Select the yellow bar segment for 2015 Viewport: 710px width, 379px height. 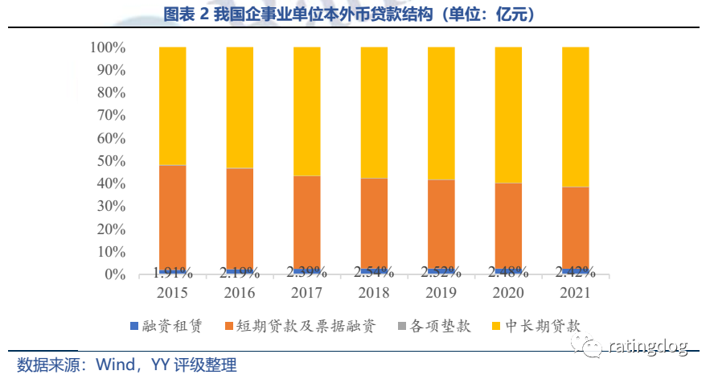coord(173,105)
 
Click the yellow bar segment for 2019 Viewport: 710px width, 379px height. coord(441,113)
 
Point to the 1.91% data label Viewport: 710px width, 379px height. coord(173,271)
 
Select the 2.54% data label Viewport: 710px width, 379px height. coord(374,271)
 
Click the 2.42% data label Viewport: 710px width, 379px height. coord(575,271)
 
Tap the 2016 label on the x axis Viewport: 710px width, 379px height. coord(240,291)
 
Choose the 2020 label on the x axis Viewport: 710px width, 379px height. coord(508,291)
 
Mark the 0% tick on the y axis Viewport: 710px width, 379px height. coord(115,275)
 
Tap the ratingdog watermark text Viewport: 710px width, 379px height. coord(649,347)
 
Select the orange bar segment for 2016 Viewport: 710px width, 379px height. coord(240,218)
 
